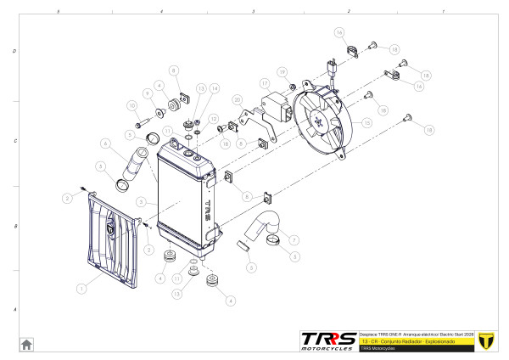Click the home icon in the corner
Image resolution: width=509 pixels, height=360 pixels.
click(x=26, y=343)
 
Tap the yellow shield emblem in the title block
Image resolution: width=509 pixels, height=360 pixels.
click(x=486, y=340)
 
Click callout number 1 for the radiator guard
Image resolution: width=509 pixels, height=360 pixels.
click(x=82, y=289)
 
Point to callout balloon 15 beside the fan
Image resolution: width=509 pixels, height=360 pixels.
click(x=366, y=123)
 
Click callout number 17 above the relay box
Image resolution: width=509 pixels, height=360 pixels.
click(x=265, y=83)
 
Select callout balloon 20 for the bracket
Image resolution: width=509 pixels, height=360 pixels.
click(x=237, y=99)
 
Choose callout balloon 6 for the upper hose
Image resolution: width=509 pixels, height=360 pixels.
click(x=105, y=143)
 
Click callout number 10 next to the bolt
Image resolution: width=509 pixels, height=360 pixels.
click(x=132, y=105)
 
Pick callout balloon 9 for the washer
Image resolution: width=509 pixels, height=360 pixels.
click(x=146, y=93)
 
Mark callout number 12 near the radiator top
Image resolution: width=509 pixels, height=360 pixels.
click(x=214, y=119)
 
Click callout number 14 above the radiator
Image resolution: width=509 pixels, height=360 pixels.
click(x=215, y=88)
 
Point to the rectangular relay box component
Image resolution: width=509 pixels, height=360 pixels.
click(x=278, y=108)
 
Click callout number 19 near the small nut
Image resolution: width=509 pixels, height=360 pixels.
click(x=282, y=72)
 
